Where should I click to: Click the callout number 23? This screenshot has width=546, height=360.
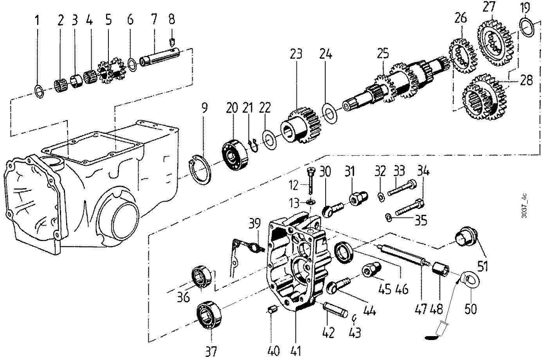[x=296, y=54]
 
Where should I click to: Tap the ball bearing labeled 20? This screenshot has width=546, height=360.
[x=235, y=155]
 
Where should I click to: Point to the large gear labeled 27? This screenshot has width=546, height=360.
[x=495, y=44]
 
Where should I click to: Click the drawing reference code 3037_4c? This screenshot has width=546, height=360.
[x=524, y=206]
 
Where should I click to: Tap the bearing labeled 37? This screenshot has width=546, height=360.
[x=209, y=315]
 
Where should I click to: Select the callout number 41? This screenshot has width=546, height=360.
[x=296, y=351]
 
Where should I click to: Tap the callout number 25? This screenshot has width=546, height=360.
[x=383, y=54]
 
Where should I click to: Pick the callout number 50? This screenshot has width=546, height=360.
[x=470, y=309]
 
